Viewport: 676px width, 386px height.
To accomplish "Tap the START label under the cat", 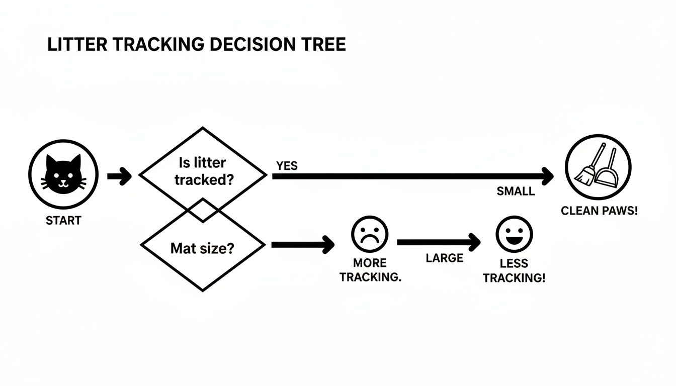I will [63, 221].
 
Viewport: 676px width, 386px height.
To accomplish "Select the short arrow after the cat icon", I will [119, 176].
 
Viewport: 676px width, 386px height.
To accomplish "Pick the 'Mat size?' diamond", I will [202, 248].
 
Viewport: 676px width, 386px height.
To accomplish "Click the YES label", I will [287, 166].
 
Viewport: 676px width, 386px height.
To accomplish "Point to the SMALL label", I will [516, 191].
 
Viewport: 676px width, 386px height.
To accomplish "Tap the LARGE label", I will [444, 258].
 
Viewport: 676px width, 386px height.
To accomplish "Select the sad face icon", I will [370, 234].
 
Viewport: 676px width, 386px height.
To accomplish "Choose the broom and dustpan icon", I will [598, 167].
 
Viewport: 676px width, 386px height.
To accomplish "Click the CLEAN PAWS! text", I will [599, 211].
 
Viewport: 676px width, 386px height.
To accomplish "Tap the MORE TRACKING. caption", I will [370, 270].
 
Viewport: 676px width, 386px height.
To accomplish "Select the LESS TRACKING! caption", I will [514, 270].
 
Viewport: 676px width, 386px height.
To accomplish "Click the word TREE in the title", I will [324, 44].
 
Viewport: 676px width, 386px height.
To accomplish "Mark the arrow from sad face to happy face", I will [439, 242].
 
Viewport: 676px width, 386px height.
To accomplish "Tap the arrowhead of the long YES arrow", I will [547, 176].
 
